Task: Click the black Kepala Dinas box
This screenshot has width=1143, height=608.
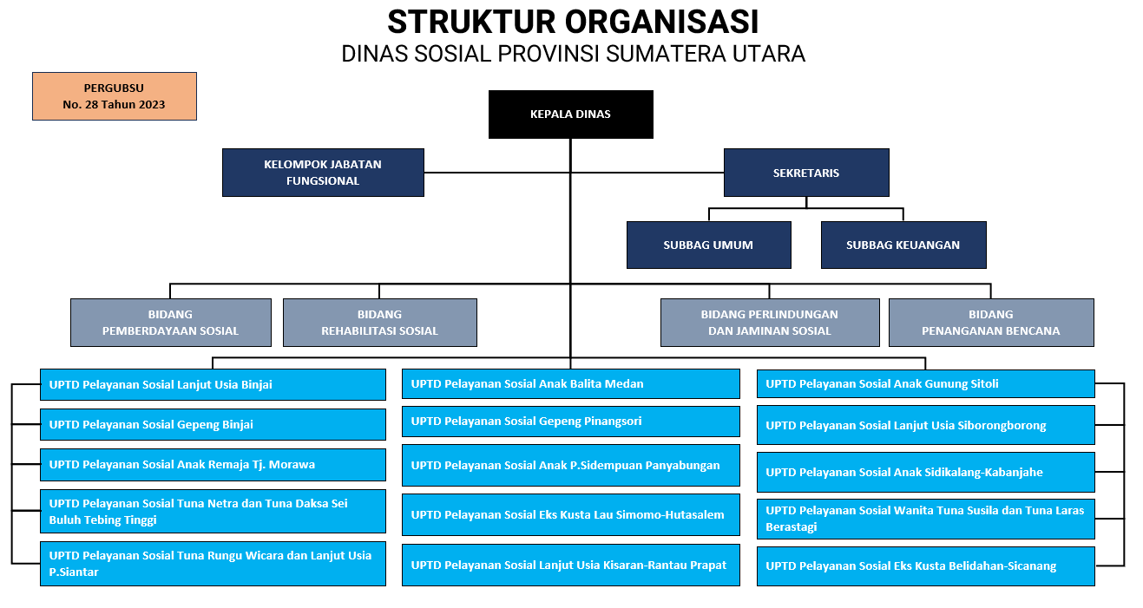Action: tap(570, 114)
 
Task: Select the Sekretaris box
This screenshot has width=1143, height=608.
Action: tap(806, 173)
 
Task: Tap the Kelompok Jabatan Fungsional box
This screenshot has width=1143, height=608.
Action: tap(323, 173)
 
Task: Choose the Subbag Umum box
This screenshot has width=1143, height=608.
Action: tap(709, 245)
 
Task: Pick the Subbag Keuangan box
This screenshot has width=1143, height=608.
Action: tap(903, 245)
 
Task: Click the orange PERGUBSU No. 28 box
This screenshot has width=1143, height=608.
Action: tap(115, 96)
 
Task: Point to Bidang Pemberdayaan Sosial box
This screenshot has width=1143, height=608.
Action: tap(170, 323)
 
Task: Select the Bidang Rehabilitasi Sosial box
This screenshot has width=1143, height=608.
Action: tap(379, 323)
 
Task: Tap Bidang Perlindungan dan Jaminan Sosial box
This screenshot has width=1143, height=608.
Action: tap(770, 323)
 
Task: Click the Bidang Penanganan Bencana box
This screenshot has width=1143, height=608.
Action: tap(991, 323)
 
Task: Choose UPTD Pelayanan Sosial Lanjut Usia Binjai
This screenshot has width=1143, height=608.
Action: tap(213, 384)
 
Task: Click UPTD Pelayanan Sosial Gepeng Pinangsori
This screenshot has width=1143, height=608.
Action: tap(570, 422)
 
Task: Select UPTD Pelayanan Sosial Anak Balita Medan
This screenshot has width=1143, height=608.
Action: tap(570, 383)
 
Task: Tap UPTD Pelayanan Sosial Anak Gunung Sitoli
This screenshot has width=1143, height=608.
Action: tap(926, 383)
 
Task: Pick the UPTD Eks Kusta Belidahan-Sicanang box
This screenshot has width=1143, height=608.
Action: tap(926, 566)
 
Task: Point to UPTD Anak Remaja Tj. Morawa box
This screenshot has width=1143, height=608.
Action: tap(213, 465)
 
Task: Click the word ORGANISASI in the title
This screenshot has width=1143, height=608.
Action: tap(662, 23)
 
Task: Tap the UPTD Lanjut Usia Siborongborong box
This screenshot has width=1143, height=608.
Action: tap(926, 425)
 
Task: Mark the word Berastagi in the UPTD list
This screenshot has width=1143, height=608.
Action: tap(791, 526)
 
